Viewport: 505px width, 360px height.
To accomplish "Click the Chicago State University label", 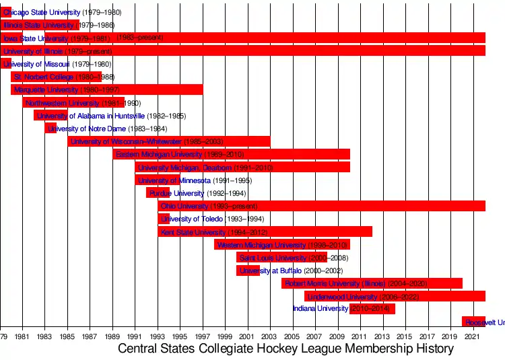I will click(42, 13).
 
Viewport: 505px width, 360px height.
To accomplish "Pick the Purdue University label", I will click(167, 193).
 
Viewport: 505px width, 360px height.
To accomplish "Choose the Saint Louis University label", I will click(273, 258).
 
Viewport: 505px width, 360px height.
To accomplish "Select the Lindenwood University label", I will click(342, 296).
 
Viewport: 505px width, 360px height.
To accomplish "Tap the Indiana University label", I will click(321, 309).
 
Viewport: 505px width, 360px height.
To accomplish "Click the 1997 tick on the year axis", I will click(203, 336).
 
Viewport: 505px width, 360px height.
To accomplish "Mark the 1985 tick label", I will click(67, 336).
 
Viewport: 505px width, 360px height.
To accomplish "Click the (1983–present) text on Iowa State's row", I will click(139, 38).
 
